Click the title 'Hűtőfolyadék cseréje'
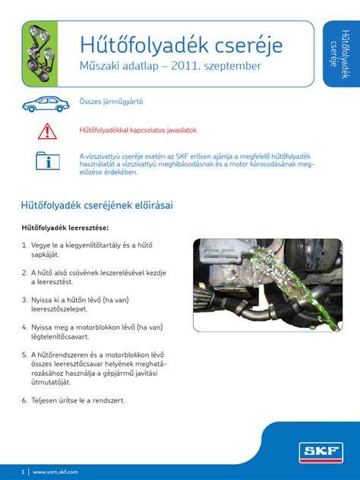[182, 45]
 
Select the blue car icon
[46, 104]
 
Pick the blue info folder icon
[47, 161]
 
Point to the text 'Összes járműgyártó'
[111, 101]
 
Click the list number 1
[24, 245]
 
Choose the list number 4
[24, 327]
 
